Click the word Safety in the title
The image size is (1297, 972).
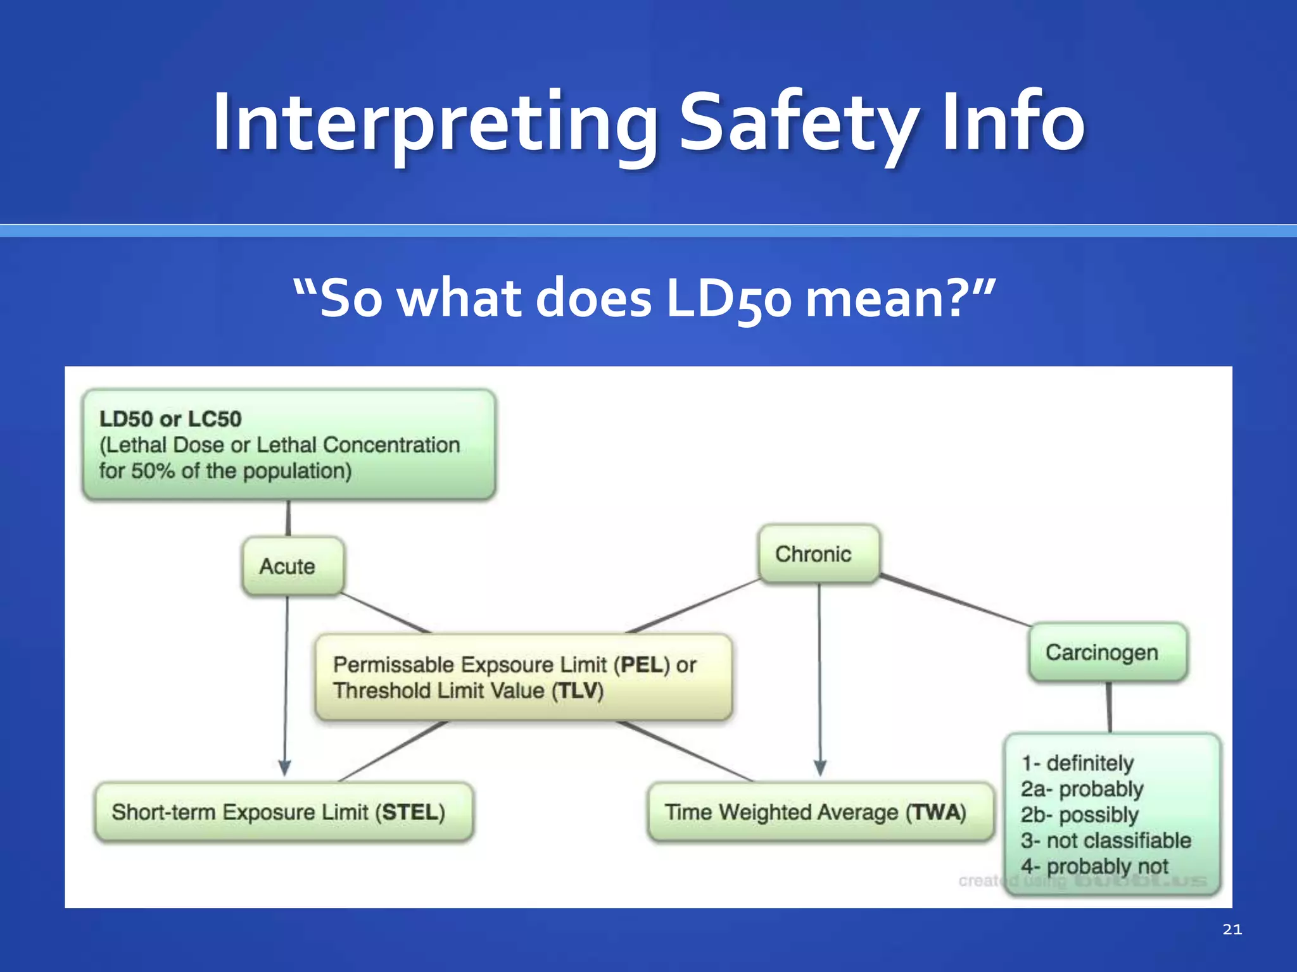click(799, 123)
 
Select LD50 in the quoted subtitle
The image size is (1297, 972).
click(728, 299)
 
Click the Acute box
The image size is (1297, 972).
click(293, 566)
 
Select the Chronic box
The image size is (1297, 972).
click(818, 554)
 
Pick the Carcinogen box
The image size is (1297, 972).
click(1108, 652)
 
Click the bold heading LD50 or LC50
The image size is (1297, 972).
click(170, 419)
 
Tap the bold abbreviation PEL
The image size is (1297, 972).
click(644, 664)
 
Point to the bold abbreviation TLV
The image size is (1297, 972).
click(577, 690)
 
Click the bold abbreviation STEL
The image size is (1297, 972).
click(409, 812)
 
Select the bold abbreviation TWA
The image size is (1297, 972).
click(935, 812)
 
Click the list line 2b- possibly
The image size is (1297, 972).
click(1080, 814)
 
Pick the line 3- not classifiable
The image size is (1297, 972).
click(1106, 840)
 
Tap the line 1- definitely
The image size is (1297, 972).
click(1077, 763)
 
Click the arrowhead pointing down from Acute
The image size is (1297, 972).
click(285, 768)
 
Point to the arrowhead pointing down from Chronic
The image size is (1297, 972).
click(820, 768)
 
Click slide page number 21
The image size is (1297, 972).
click(1232, 929)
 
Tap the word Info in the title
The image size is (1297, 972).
click(1013, 123)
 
